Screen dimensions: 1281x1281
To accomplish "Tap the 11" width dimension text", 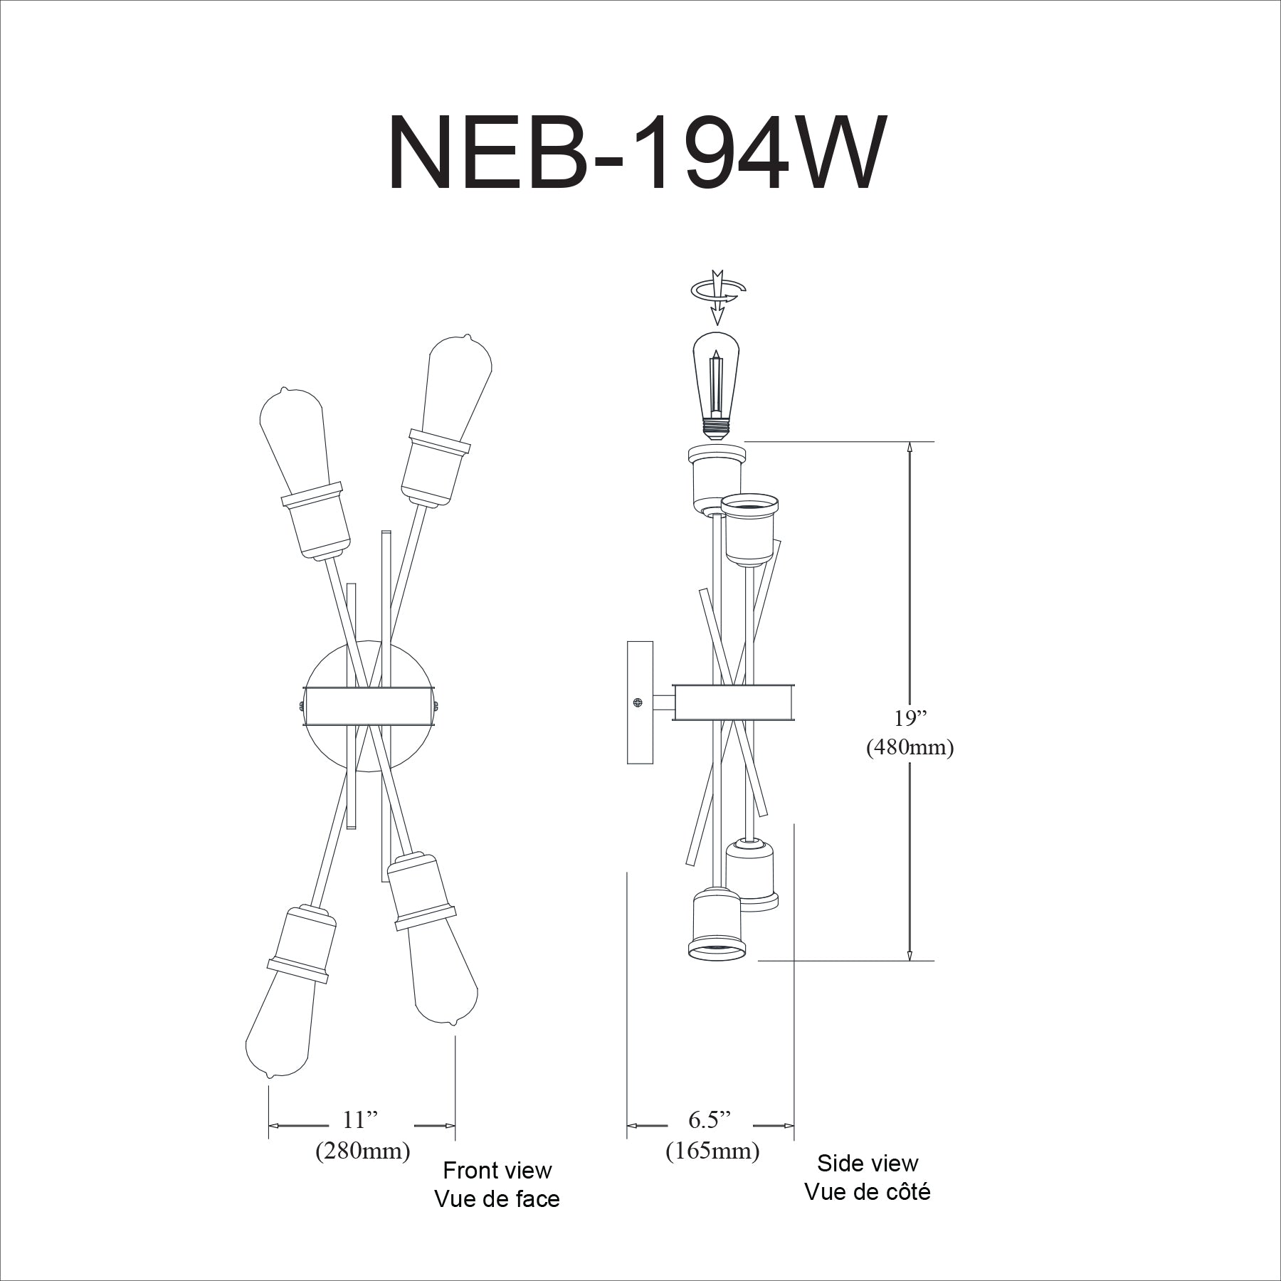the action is [359, 1119].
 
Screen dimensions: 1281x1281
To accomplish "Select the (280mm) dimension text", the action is [362, 1151].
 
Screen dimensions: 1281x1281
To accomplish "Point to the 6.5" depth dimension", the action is [710, 1119].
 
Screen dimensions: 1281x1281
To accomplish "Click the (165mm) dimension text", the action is [712, 1151].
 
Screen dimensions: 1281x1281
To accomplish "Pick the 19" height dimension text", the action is [909, 718].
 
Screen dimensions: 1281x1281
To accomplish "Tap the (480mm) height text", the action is [910, 748].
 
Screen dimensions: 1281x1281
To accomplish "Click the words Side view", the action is [868, 1163].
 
